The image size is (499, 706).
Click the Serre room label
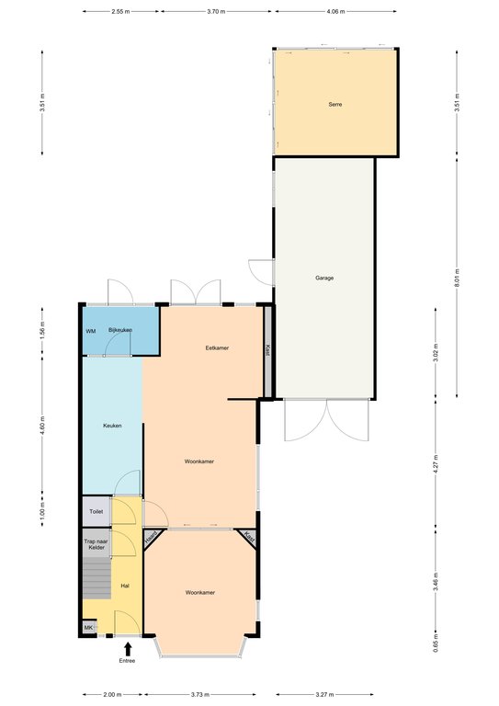[335, 105]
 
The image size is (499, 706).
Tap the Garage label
[324, 279]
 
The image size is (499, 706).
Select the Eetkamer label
[217, 348]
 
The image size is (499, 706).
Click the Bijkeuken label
[120, 330]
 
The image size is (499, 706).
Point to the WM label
[91, 331]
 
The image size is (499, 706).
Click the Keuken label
[112, 426]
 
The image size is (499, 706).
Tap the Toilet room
[96, 511]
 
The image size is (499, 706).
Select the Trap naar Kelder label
[96, 544]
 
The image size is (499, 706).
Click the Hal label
[125, 586]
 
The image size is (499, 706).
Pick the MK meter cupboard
[89, 627]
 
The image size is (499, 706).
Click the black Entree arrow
[128, 649]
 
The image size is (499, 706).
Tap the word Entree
[127, 661]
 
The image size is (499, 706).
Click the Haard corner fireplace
[151, 538]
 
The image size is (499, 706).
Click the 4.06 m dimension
[335, 12]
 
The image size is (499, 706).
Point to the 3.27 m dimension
[324, 695]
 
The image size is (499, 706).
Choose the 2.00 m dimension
[112, 695]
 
